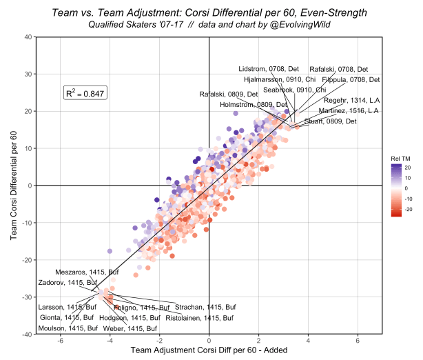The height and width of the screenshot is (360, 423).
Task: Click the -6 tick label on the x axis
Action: [x=60, y=341]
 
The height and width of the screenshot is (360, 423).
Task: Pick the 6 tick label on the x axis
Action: [x=358, y=341]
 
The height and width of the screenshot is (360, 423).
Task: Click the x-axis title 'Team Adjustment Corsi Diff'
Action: [x=208, y=352]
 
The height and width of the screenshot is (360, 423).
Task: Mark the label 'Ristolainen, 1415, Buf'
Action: [x=200, y=318]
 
